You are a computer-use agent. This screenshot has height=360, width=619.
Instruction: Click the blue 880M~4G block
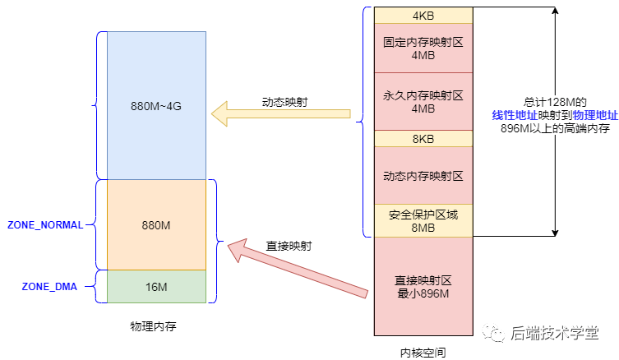pos(156,105)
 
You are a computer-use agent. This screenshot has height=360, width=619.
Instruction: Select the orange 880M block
pos(156,224)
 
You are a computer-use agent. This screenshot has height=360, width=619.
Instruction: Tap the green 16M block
pos(156,285)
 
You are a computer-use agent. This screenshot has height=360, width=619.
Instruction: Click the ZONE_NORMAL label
pos(45,224)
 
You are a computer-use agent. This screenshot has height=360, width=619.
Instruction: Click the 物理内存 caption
pos(153,326)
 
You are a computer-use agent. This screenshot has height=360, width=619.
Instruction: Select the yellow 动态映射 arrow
pos(279,114)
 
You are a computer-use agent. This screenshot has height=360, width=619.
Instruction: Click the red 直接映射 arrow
pos(296,265)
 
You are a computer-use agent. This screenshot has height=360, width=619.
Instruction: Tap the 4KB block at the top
pos(423,16)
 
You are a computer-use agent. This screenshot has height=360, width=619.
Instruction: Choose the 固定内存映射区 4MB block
pos(423,48)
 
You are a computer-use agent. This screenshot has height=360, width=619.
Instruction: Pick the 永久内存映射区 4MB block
pos(423,101)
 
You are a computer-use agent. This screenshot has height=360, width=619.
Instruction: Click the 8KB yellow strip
pos(423,139)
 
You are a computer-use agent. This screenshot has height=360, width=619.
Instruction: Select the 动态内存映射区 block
pos(423,175)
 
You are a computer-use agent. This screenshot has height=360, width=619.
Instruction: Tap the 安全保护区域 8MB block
pos(423,220)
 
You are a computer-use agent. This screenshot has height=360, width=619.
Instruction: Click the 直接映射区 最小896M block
pos(423,285)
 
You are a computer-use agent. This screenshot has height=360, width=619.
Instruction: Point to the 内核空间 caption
pos(423,352)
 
